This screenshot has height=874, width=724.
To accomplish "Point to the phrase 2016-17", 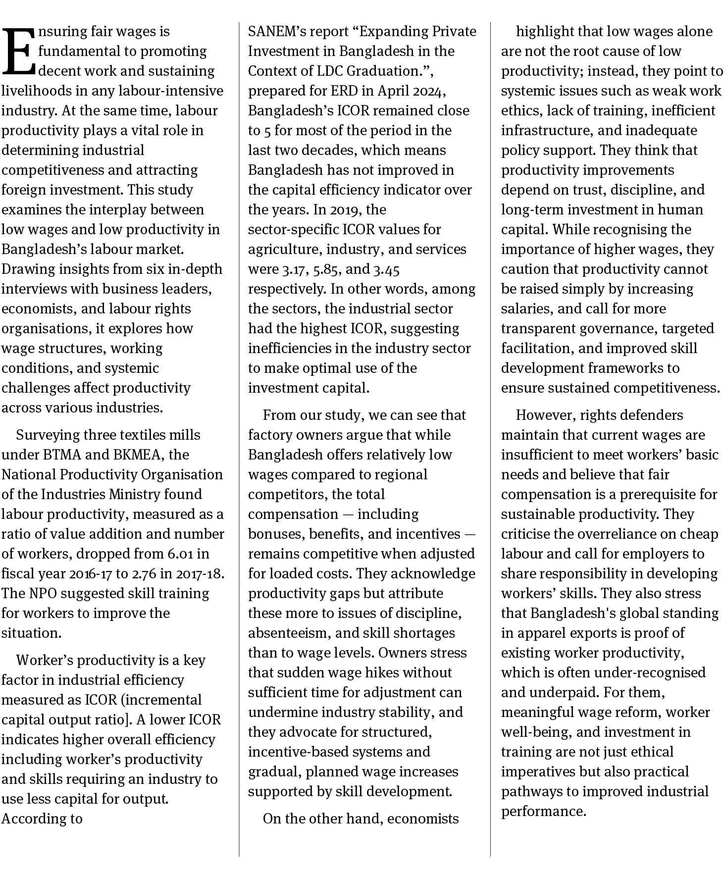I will point(91,573).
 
